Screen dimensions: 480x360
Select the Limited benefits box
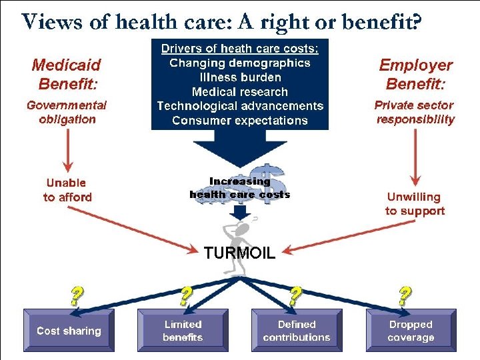[x=183, y=331]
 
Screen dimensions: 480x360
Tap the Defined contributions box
[x=297, y=331]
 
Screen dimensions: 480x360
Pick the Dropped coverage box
[x=411, y=331]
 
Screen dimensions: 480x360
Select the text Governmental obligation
[x=66, y=112]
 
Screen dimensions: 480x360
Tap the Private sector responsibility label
[x=415, y=112]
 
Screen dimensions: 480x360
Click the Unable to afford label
[x=67, y=189]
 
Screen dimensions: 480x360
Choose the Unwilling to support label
[x=414, y=204]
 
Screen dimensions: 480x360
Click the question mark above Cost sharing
[x=77, y=294]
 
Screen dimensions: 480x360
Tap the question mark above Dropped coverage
[x=404, y=294]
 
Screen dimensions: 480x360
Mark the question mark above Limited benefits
[x=187, y=294]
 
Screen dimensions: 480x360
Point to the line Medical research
[x=240, y=92]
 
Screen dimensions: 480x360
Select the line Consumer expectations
[x=240, y=121]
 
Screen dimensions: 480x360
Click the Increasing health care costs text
[x=240, y=188]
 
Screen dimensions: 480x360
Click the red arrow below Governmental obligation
[x=67, y=150]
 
